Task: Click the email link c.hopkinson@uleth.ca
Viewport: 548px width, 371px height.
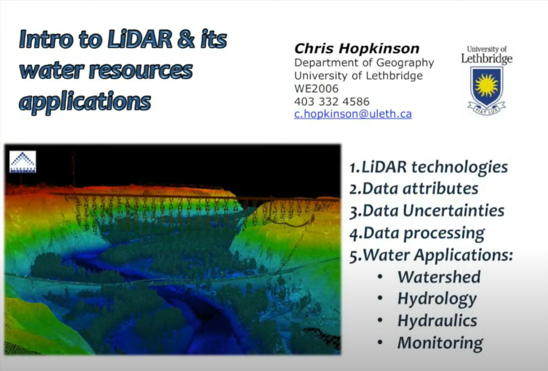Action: click(353, 114)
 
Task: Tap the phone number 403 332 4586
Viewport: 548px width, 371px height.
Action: click(332, 101)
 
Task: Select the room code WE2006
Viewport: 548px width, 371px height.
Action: click(317, 88)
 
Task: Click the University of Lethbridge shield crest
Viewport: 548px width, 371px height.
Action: click(486, 87)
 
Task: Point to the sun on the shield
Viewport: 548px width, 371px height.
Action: click(486, 84)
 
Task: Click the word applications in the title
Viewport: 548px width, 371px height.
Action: click(85, 101)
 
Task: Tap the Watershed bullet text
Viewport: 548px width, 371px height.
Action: click(439, 277)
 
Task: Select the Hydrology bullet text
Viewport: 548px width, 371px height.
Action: click(437, 298)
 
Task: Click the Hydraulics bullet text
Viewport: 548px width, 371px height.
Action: click(437, 320)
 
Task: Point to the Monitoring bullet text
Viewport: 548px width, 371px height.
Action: click(440, 343)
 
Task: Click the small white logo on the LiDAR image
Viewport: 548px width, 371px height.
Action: click(23, 161)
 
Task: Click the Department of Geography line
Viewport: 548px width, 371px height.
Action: click(364, 63)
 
